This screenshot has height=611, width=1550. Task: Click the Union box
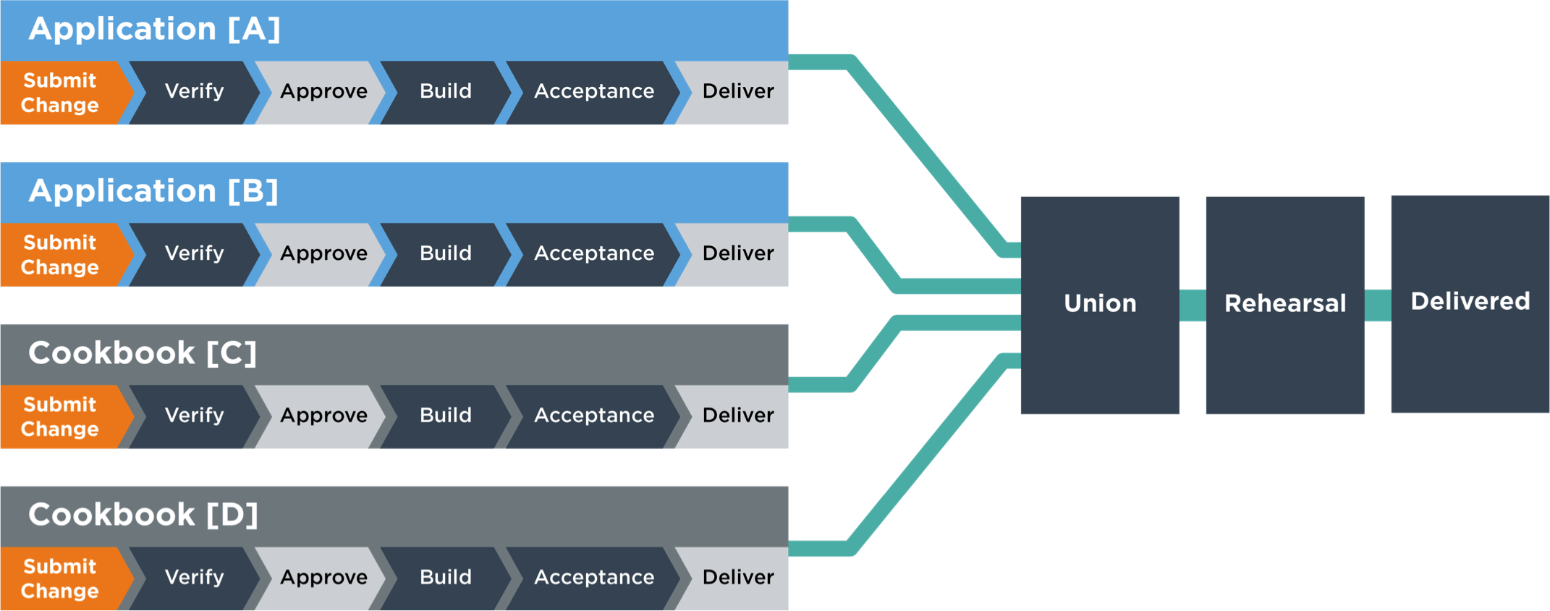(x=1100, y=304)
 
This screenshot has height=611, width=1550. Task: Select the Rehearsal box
(x=1284, y=304)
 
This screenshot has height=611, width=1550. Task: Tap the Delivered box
(x=1470, y=303)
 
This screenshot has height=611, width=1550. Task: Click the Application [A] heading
(x=154, y=29)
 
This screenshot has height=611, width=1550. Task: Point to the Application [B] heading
(x=153, y=191)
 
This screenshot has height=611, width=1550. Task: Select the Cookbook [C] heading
(x=143, y=353)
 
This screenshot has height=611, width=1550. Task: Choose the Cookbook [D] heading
(x=143, y=515)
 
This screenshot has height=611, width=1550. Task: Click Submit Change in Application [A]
(x=59, y=93)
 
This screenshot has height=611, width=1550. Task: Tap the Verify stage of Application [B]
(x=194, y=253)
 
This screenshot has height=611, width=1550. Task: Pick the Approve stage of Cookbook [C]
(x=323, y=416)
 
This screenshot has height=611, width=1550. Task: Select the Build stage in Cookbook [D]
(x=445, y=578)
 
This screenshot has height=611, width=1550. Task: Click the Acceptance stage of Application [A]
(x=593, y=92)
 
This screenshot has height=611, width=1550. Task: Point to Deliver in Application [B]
(x=737, y=253)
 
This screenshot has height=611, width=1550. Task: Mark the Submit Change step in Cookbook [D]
(x=59, y=578)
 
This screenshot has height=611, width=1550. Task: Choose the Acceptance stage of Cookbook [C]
(x=593, y=416)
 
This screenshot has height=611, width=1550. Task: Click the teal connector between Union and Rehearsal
(x=1193, y=305)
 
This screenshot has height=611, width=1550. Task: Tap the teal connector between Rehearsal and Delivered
(x=1378, y=305)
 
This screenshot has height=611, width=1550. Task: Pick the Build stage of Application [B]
(x=445, y=253)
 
